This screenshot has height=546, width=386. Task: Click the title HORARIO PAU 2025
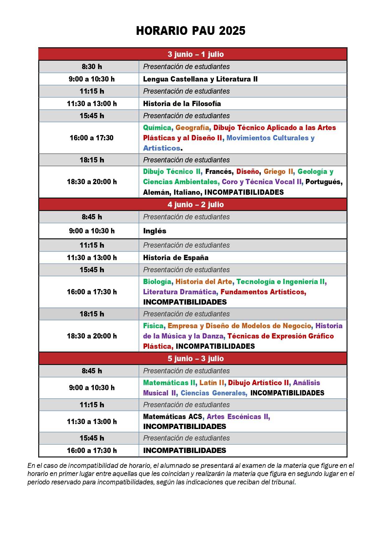(191, 31)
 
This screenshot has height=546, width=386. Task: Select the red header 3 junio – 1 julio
(196, 54)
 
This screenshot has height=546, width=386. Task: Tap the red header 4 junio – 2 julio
(196, 204)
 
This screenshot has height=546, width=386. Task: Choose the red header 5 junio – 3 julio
(196, 358)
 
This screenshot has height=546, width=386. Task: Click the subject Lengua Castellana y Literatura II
(200, 79)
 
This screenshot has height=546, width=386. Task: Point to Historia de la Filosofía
(182, 104)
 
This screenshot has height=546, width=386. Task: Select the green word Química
(157, 128)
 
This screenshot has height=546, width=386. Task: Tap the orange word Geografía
(192, 128)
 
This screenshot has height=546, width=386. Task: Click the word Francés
(219, 171)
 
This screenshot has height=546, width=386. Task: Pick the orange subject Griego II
(278, 171)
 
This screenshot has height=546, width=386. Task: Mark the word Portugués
(323, 182)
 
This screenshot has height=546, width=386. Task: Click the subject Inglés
(155, 231)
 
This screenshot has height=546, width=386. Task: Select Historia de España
(176, 258)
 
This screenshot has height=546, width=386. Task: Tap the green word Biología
(157, 282)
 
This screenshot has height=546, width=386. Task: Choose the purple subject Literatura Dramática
(179, 292)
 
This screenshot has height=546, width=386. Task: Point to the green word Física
(153, 326)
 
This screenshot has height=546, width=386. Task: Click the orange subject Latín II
(212, 383)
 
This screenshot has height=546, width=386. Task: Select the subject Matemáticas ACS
(173, 417)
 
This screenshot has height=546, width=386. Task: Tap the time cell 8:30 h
(92, 67)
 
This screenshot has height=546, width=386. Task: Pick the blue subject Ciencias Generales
(213, 393)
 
